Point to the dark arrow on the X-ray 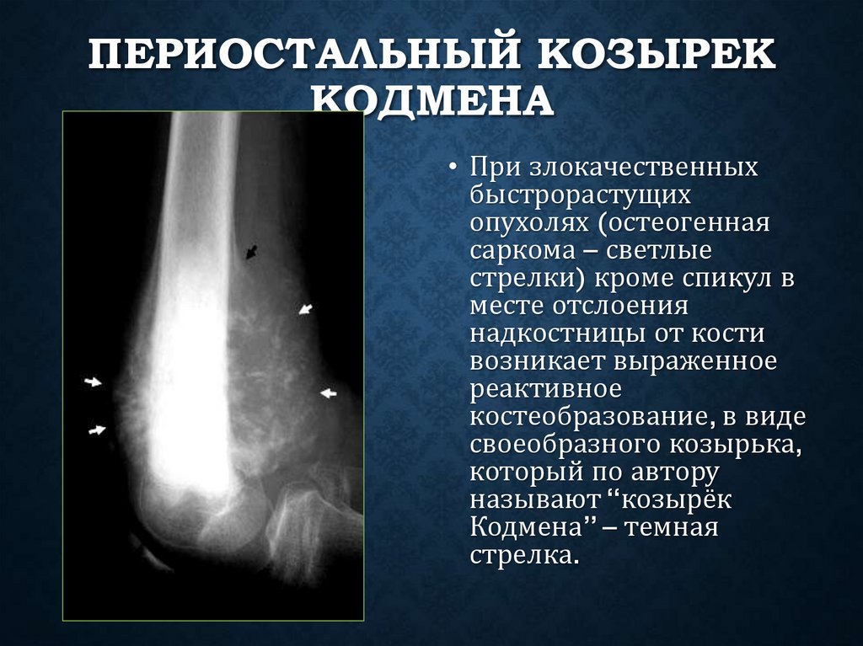[251, 251]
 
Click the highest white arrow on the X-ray [305, 310]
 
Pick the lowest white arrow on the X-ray [98, 430]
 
